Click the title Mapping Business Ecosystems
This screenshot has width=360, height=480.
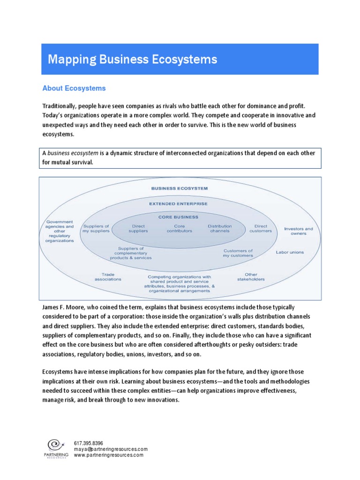point(133,60)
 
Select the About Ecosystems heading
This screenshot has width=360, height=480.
point(74,88)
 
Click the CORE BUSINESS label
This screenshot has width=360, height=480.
point(178,217)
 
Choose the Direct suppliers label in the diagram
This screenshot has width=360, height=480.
point(138,228)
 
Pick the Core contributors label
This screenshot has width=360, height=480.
point(180,228)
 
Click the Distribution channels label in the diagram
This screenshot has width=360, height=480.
point(220,228)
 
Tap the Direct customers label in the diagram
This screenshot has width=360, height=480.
point(261,228)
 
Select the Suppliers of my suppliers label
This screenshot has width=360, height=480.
point(97,228)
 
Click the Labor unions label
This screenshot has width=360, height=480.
point(290,252)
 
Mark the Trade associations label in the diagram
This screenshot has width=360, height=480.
point(108,277)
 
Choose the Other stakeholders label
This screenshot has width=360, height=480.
point(251,277)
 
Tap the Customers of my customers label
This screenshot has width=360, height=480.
point(238,253)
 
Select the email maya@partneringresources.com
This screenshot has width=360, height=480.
point(111,449)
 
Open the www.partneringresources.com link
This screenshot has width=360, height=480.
point(108,455)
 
